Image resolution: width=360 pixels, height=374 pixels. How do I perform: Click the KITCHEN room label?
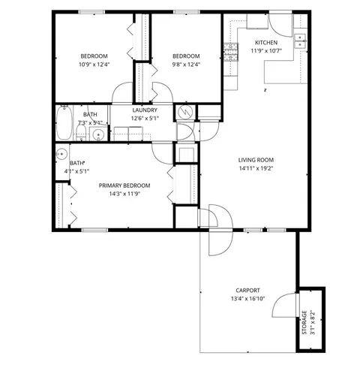click(x=266, y=43)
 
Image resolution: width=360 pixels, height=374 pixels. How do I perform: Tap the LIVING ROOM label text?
click(x=256, y=160)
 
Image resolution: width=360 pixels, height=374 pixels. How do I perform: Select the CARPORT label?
click(x=247, y=291)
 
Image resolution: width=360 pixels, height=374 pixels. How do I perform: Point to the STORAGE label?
click(x=304, y=322)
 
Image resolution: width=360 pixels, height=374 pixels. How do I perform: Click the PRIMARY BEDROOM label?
click(x=124, y=185)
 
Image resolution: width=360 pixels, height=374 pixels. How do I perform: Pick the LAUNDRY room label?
click(x=145, y=110)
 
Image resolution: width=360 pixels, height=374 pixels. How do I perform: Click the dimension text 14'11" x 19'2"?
click(x=256, y=168)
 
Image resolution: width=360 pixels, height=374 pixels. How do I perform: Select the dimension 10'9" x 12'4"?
click(x=94, y=65)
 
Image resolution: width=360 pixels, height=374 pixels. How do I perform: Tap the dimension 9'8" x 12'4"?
click(x=186, y=65)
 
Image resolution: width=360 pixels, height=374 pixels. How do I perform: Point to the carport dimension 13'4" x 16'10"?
click(x=247, y=299)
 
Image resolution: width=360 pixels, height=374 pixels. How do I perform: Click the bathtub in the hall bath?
click(x=64, y=122)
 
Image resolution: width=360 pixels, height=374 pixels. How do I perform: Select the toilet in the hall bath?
click(x=81, y=132)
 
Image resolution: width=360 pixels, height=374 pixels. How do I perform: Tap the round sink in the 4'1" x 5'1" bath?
click(x=61, y=154)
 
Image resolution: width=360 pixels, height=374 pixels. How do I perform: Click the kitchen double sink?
click(x=300, y=41)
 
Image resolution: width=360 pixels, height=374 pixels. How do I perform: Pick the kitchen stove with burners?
click(x=231, y=52)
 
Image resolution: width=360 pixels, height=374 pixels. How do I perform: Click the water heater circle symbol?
click(x=185, y=112)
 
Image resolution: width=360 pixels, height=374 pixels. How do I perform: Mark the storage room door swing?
click(x=284, y=305)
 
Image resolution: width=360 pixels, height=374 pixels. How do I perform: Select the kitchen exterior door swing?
click(x=280, y=26)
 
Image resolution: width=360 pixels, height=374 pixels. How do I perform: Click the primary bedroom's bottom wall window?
click(x=94, y=230)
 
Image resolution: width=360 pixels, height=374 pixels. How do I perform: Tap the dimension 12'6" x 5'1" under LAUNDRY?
click(x=145, y=118)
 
